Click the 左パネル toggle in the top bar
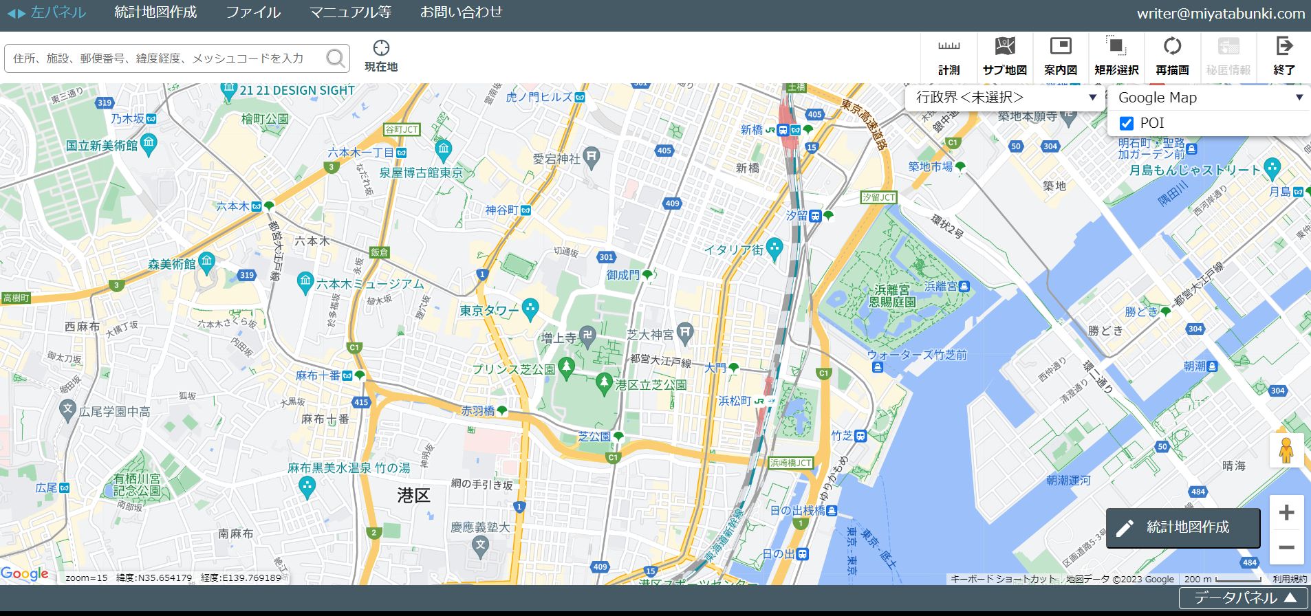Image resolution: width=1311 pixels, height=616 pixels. (47, 12)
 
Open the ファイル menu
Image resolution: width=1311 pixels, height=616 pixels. (253, 12)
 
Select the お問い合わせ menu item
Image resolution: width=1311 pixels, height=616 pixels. (461, 12)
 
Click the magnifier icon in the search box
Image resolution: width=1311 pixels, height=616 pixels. (336, 58)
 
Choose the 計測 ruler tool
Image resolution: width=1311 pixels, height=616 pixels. (949, 55)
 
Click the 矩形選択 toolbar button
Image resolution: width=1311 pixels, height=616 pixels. (1116, 55)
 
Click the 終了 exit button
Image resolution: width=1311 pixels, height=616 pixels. (1284, 55)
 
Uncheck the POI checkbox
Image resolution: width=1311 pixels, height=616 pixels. (1127, 123)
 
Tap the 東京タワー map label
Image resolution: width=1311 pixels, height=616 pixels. (489, 311)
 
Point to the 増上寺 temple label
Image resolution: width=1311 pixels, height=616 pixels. (559, 338)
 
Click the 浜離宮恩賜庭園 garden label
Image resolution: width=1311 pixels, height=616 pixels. (892, 296)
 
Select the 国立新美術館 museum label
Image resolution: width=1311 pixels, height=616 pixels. (102, 145)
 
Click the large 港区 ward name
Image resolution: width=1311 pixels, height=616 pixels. (413, 496)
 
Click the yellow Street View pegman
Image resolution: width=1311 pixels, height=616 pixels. (1286, 451)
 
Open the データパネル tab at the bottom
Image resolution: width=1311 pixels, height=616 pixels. (1244, 598)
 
